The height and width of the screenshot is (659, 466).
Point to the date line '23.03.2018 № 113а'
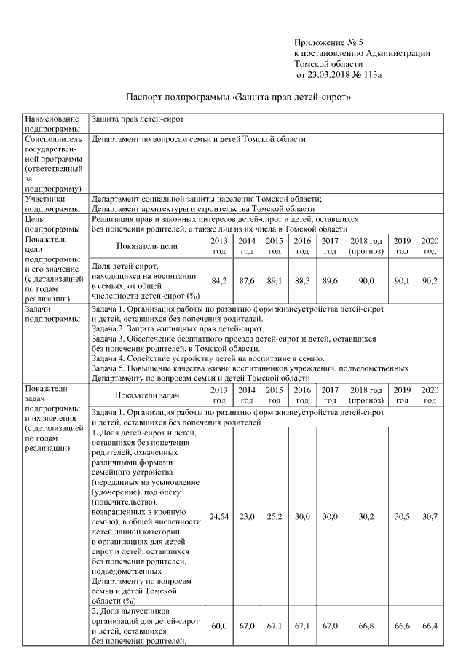click(x=339, y=74)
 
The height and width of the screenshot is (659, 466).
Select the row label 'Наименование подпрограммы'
click(x=50, y=123)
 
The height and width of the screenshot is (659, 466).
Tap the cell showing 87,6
click(x=247, y=280)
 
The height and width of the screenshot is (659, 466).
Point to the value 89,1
click(x=275, y=280)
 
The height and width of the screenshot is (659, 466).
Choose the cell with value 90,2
click(x=430, y=280)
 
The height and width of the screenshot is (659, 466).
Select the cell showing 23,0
click(x=247, y=516)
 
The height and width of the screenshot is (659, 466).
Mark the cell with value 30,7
click(x=430, y=516)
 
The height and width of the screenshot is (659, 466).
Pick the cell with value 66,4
click(x=430, y=626)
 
